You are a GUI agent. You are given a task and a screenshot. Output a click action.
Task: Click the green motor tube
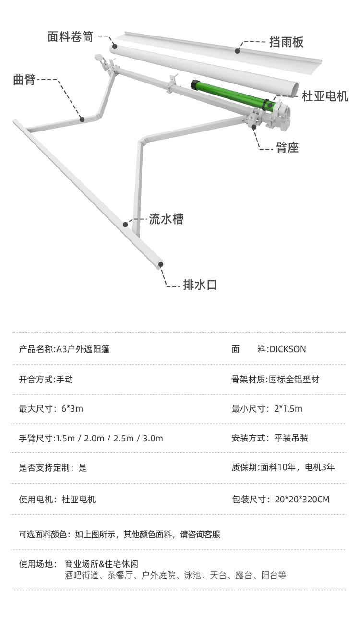tap(230, 94)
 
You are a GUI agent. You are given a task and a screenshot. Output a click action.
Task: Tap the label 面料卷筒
tap(70, 37)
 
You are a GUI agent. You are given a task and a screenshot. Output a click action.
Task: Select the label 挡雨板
tap(287, 42)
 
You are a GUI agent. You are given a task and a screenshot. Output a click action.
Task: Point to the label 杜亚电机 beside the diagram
tap(325, 96)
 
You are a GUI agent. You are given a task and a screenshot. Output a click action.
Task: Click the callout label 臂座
tap(288, 148)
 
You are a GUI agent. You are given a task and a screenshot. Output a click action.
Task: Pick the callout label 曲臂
tap(24, 80)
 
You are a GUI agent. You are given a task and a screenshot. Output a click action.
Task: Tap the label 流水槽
tap(166, 220)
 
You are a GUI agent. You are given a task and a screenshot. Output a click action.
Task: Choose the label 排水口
tap(200, 285)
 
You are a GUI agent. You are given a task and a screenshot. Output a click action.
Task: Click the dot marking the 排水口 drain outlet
tap(161, 263)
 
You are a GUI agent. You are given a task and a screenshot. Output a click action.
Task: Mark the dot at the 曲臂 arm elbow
tap(82, 119)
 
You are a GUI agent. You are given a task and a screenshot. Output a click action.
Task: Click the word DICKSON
tap(288, 349)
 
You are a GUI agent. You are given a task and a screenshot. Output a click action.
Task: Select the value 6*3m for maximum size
tap(72, 409)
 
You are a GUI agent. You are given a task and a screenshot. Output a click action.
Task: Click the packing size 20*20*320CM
tap(302, 499)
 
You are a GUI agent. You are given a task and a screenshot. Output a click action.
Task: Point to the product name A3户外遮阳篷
tap(83, 349)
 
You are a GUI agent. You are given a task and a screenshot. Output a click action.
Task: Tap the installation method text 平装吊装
tap(291, 438)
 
